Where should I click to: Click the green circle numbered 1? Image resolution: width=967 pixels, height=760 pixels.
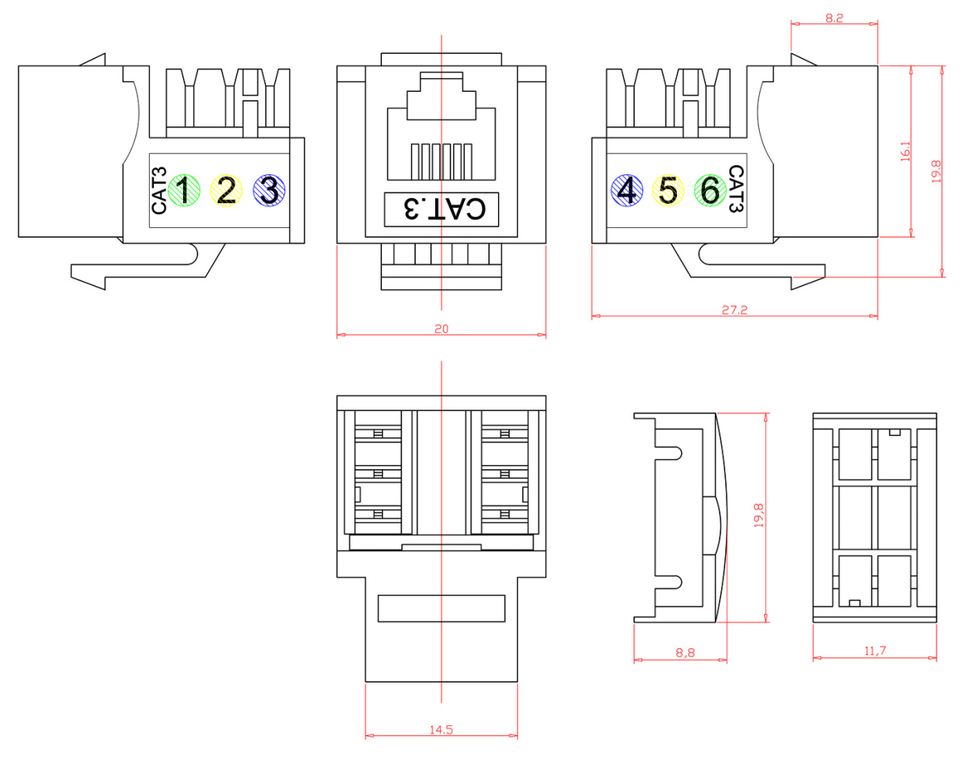[184, 191]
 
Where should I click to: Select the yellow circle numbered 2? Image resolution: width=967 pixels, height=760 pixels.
[226, 191]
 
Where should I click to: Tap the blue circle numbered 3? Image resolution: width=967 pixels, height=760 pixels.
[268, 191]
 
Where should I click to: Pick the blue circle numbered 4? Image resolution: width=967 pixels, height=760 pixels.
[626, 191]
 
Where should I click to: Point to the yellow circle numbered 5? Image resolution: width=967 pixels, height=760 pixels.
[667, 191]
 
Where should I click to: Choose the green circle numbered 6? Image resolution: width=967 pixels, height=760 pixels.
[709, 191]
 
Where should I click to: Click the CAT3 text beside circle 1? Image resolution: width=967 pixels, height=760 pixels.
[159, 190]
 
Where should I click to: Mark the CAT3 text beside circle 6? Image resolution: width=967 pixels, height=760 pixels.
[735, 189]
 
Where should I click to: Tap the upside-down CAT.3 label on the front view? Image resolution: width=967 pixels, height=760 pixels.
[442, 209]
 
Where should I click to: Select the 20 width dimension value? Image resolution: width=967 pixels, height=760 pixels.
[441, 329]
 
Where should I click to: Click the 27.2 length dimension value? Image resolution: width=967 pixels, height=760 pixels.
[734, 310]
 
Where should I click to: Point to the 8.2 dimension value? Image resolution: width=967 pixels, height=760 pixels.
[834, 18]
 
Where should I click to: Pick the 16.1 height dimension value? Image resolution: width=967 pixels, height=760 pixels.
[905, 152]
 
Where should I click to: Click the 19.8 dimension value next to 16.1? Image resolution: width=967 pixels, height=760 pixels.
[936, 172]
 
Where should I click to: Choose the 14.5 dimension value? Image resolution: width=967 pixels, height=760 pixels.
[441, 729]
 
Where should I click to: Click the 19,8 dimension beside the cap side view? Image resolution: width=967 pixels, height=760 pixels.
[758, 517]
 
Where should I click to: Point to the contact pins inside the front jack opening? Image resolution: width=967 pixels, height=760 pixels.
[440, 161]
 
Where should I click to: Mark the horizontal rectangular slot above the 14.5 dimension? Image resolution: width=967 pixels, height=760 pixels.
[441, 608]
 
